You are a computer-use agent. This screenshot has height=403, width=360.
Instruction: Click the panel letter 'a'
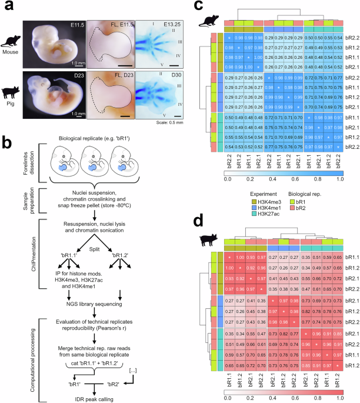click(6, 6)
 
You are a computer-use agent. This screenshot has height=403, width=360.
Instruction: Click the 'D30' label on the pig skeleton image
click(168, 76)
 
